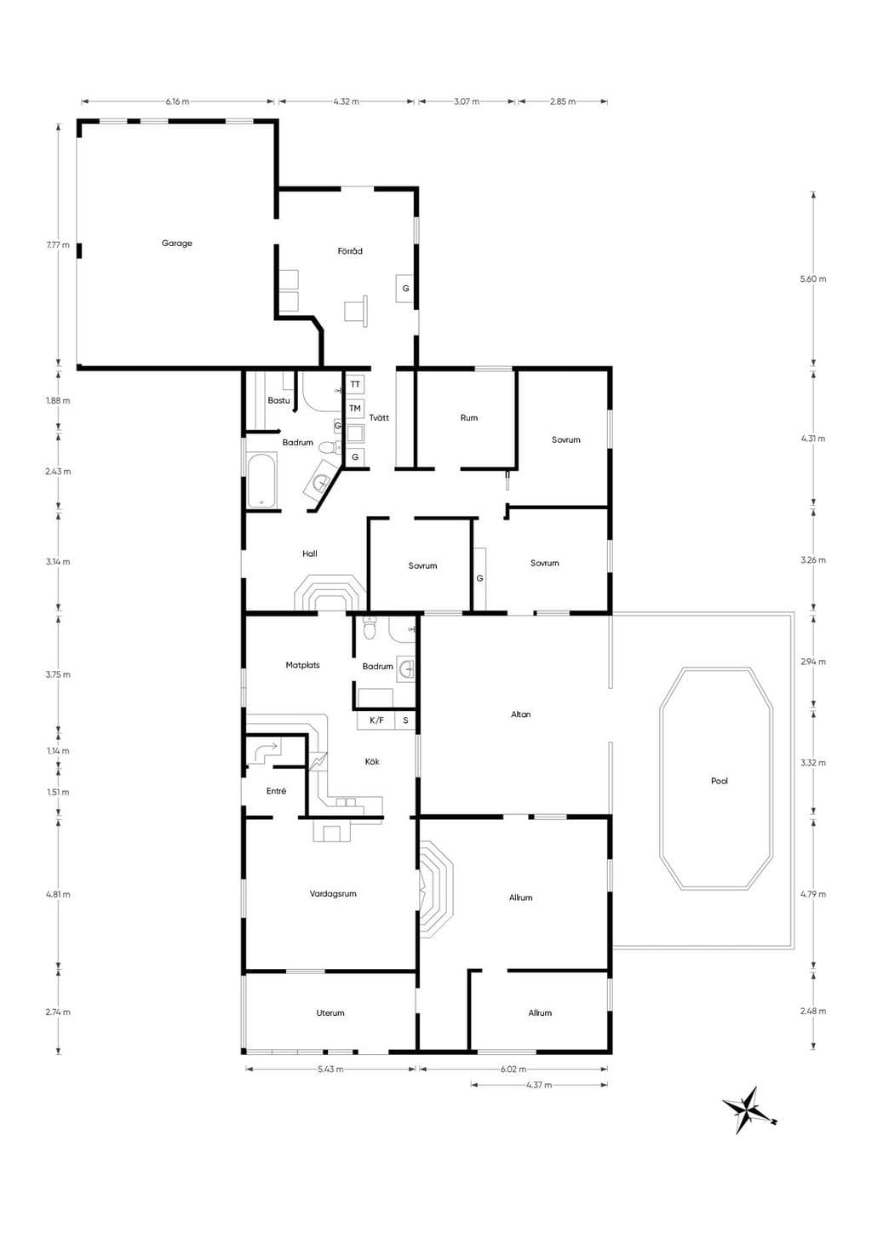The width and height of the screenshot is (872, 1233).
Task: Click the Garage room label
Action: coord(177,243)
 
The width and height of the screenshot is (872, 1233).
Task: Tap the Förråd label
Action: coord(350,251)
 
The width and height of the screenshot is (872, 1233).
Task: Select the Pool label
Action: coord(720,781)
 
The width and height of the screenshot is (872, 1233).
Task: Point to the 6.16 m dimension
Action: coord(177,101)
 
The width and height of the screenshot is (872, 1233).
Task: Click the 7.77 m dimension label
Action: coord(58,245)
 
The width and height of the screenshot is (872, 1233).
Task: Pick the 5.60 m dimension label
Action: coord(813,278)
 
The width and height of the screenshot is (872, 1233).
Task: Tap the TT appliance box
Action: coord(355,384)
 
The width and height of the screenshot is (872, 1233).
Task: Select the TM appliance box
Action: coord(355,408)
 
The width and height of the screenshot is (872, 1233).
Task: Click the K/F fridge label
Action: coord(376,720)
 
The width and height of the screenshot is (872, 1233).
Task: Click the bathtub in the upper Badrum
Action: coord(262,479)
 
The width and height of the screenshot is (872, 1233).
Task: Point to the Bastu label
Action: coord(278,400)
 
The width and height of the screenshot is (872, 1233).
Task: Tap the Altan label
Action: coord(521,714)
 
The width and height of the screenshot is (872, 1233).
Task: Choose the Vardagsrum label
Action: coord(333,893)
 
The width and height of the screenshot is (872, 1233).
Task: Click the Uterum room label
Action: coord(330,1012)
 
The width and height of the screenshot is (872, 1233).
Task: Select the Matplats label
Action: coord(303,665)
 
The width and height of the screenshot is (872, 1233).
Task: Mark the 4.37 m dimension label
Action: coord(539,1085)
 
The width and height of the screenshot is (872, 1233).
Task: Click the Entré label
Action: coord(277,790)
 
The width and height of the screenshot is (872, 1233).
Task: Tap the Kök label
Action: coord(372,762)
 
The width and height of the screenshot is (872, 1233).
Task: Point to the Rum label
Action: coord(469,418)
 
